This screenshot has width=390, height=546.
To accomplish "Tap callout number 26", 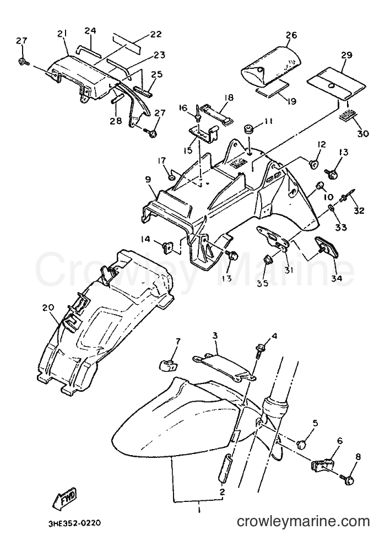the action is click(x=291, y=35).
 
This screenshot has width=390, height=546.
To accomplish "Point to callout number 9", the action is click(x=148, y=180).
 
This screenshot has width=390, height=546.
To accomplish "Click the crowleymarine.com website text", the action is click(x=303, y=521).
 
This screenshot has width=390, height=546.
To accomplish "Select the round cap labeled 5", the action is click(x=304, y=444).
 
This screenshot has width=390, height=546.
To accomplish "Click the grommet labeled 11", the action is click(x=250, y=128).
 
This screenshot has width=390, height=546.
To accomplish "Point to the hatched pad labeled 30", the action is click(x=349, y=115).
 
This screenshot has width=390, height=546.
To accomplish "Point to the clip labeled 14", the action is click(x=168, y=247).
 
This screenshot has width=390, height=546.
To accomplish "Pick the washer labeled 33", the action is click(x=331, y=209).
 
